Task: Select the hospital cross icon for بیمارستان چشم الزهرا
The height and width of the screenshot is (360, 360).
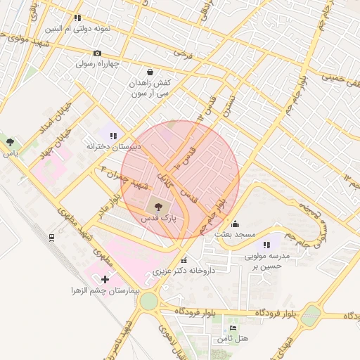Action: pyautogui.click(x=105, y=279)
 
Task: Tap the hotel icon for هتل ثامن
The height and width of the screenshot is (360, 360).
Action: pyautogui.click(x=233, y=328)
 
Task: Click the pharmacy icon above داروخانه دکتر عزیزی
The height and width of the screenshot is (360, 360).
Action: pyautogui.click(x=184, y=259)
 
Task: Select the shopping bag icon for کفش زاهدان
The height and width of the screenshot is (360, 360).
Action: pyautogui.click(x=150, y=72)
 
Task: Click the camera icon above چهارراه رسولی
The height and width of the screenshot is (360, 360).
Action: pyautogui.click(x=97, y=53)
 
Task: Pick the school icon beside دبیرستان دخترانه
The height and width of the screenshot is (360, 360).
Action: pyautogui.click(x=113, y=135)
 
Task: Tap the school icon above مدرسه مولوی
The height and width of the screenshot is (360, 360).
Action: pyautogui.click(x=266, y=245)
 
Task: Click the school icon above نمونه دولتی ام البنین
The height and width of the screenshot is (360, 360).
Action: pyautogui.click(x=77, y=18)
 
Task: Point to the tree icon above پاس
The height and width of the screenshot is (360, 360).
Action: pyautogui.click(x=9, y=142)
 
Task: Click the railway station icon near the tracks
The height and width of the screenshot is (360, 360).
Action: pyautogui.click(x=52, y=238)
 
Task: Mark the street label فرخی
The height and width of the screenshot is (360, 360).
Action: pyautogui.click(x=183, y=53)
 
